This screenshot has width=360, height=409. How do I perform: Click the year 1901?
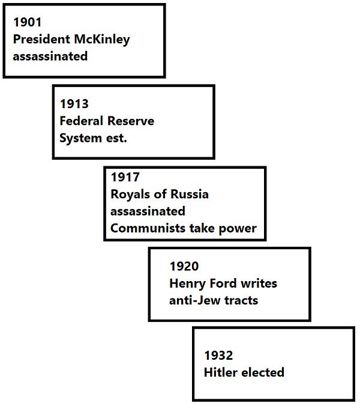click(27, 23)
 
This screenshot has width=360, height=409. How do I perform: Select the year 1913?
click(74, 104)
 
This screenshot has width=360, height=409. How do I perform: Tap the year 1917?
click(125, 177)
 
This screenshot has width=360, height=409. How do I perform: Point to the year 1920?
click(184, 266)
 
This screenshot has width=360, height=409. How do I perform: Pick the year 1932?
click(218, 356)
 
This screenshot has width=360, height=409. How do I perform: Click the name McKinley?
click(101, 40)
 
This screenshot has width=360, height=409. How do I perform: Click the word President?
click(41, 40)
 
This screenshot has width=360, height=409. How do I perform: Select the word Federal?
click(81, 121)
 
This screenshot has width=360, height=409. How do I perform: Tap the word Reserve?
click(130, 121)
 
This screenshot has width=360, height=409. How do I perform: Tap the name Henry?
click(188, 283)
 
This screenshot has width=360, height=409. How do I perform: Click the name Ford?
click(226, 283)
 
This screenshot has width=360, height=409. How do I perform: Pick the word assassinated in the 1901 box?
click(50, 56)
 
